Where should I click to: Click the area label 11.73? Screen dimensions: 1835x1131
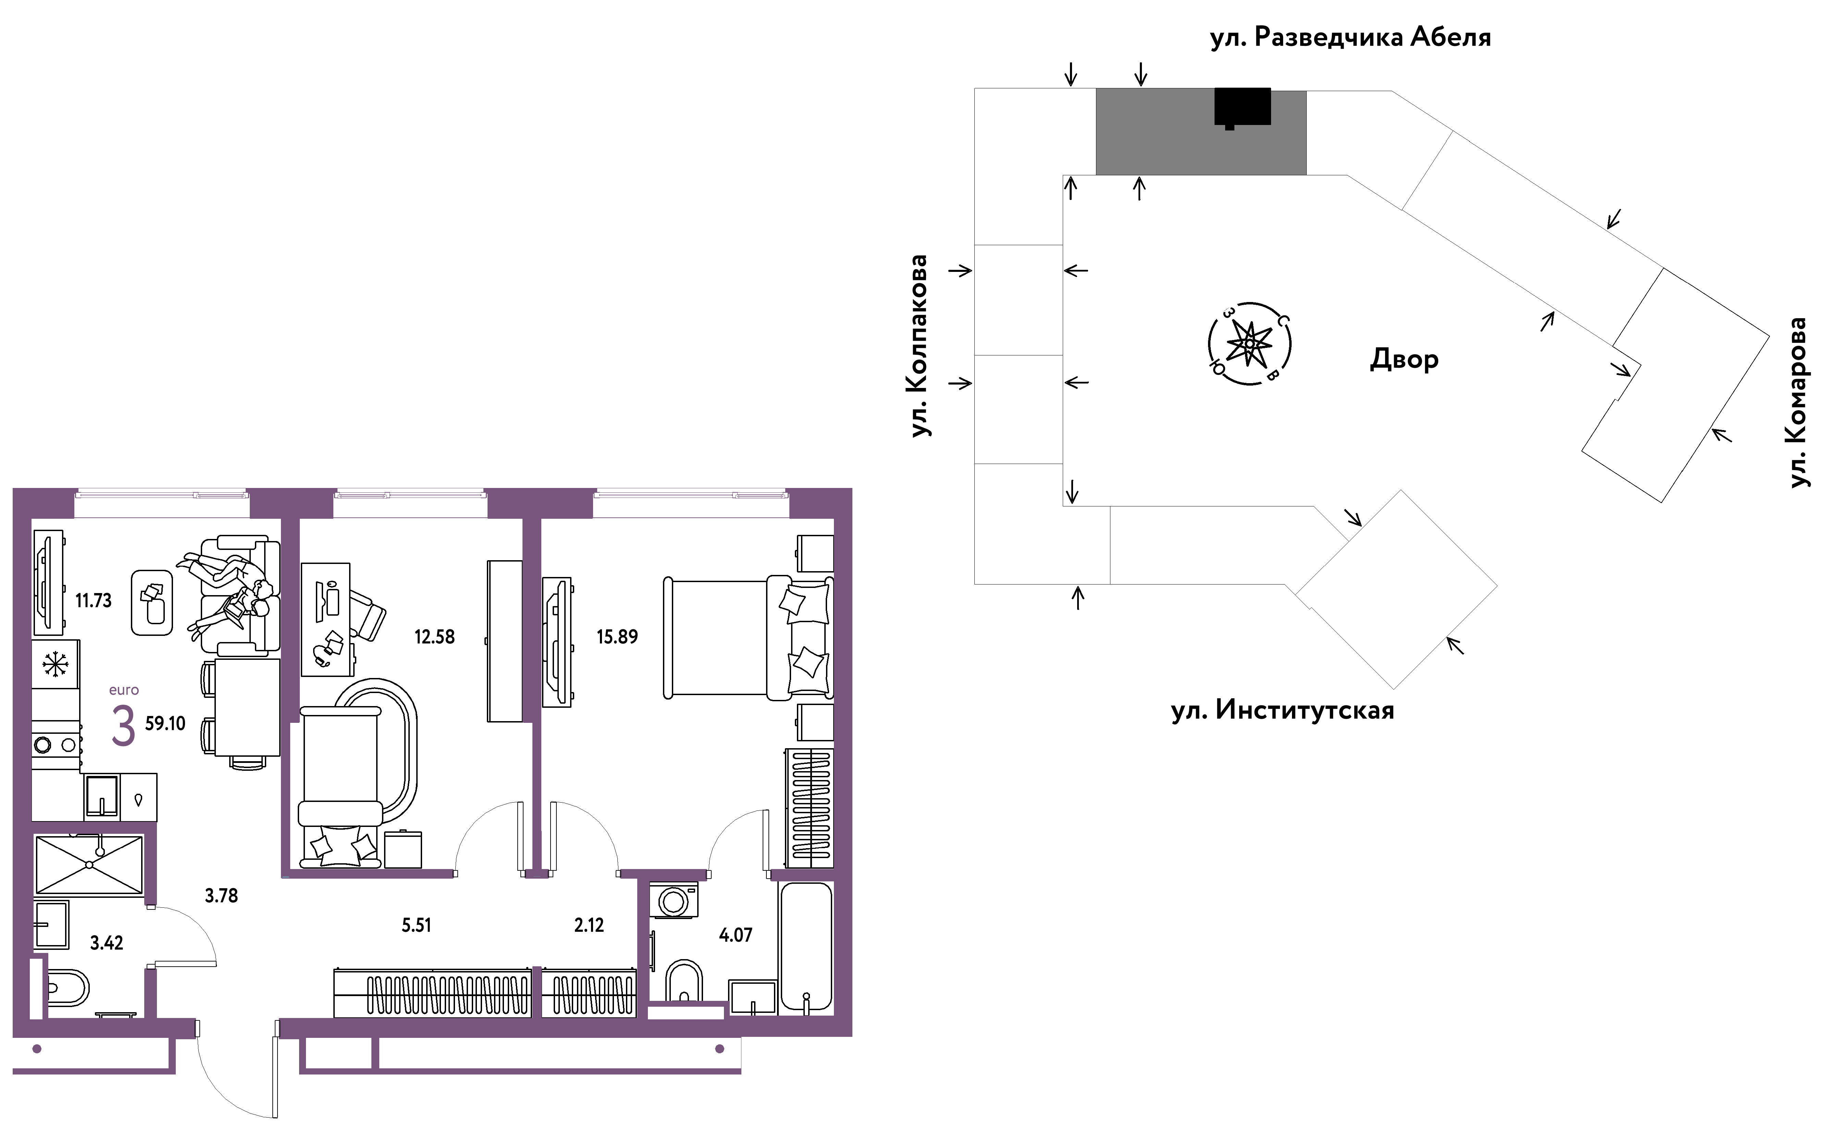94,601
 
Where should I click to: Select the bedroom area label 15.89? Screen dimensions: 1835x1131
617,637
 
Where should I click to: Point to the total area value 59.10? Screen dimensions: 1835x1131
165,723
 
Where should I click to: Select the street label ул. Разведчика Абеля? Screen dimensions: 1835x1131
1351,37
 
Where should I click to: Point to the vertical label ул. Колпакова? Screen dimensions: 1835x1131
919,345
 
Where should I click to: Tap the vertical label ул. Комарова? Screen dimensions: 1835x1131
1798,402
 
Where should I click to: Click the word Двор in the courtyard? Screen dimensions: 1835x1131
1404,359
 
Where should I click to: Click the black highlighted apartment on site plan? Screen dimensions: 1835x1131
1242,107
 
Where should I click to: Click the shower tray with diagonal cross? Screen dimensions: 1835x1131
89,865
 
